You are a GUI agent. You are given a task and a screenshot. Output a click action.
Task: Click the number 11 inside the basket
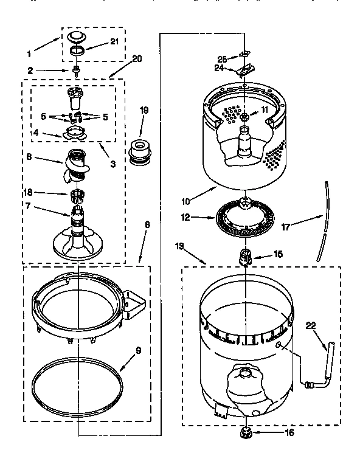tap(264, 109)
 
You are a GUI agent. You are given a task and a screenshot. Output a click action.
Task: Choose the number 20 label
tap(136, 59)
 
